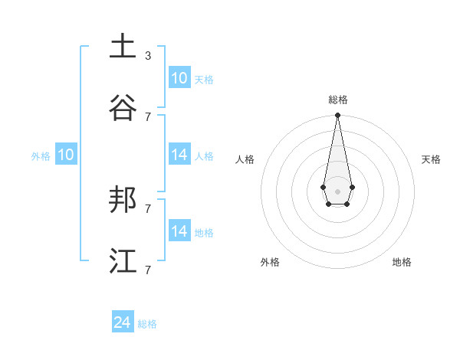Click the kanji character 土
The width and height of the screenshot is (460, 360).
123,47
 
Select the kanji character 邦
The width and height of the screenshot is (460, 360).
123,200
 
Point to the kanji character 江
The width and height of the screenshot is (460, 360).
123,261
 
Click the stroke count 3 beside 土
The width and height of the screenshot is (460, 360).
148,56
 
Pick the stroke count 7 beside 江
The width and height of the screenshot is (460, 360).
148,270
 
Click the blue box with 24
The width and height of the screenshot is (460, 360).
123,322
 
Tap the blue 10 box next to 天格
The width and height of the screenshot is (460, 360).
179,78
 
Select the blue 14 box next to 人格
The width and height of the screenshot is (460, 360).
179,155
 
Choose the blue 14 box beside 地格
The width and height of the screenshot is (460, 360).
179,231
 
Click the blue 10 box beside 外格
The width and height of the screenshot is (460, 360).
66,155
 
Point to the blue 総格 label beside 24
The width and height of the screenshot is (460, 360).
147,324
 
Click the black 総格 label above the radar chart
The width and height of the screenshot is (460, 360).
338,100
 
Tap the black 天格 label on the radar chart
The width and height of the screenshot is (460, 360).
431,159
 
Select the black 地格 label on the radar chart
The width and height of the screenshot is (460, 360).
402,262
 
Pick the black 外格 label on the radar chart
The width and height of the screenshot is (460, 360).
270,262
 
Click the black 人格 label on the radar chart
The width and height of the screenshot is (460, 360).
245,159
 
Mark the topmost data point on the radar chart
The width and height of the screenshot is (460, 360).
337,116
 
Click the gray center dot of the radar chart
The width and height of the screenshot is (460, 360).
337,191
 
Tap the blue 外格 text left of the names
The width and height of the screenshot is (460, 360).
41,156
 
